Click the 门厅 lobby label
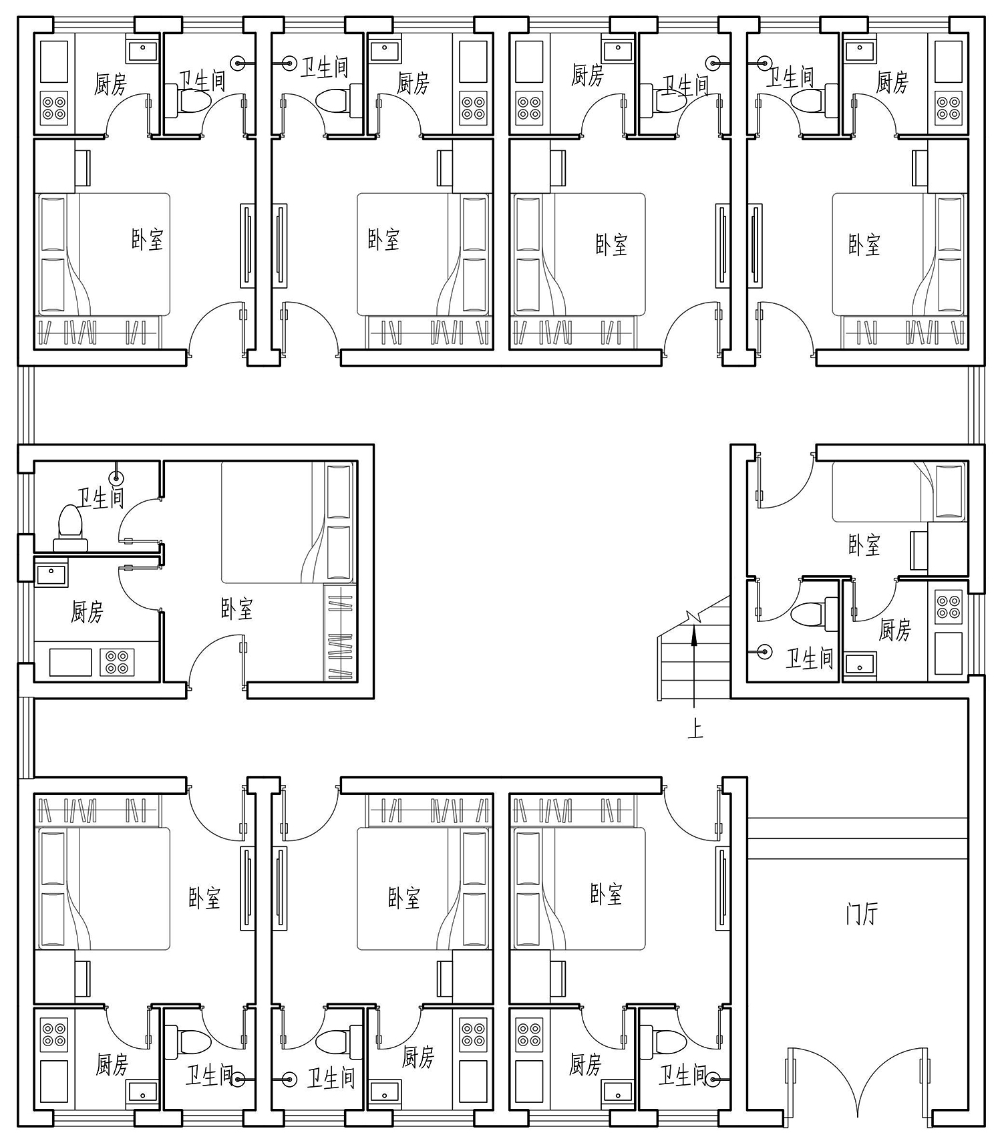coord(861,913)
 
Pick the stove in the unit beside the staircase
coord(948,607)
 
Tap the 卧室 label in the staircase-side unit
coord(864,545)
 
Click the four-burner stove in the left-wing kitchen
coord(117,661)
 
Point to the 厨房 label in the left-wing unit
coord(88,611)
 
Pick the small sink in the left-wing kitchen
coord(51,575)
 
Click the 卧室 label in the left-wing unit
coord(236,608)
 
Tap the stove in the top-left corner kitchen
coord(54,108)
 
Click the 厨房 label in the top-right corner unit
coord(892,82)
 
